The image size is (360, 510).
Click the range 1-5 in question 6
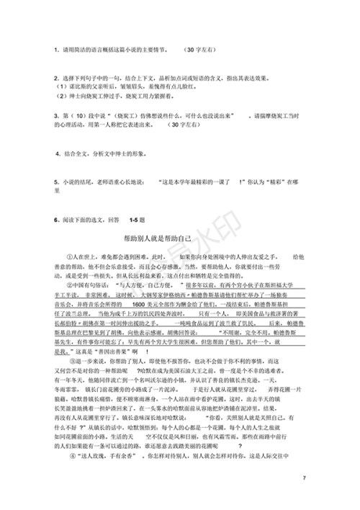coord(137,218)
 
